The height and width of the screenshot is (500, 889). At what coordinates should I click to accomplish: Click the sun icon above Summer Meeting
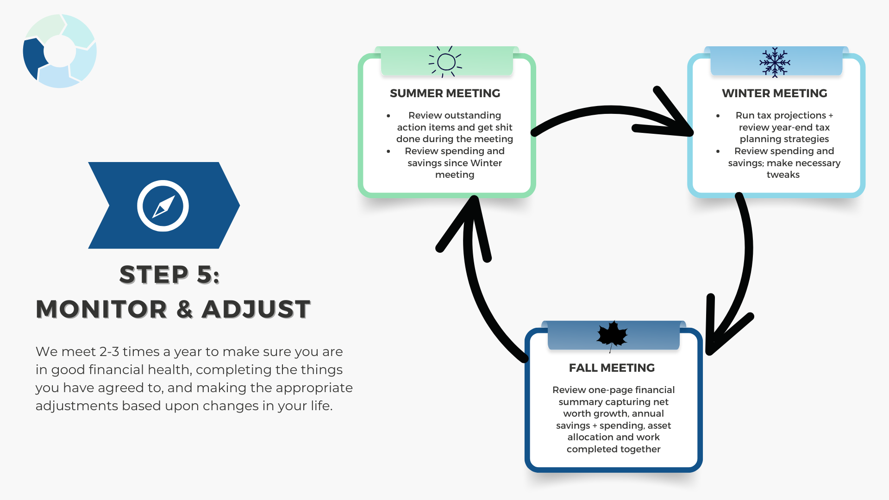(446, 62)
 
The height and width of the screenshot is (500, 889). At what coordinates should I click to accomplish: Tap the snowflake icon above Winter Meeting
(775, 62)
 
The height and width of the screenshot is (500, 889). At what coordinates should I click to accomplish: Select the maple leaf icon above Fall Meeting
(612, 335)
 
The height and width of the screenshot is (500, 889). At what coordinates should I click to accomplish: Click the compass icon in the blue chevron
(163, 206)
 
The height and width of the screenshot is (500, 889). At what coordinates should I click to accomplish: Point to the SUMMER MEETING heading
(445, 94)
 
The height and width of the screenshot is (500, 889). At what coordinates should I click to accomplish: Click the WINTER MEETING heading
(774, 94)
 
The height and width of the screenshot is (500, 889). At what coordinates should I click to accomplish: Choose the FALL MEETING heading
(612, 368)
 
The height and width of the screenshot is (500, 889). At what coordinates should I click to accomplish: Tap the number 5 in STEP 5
(205, 275)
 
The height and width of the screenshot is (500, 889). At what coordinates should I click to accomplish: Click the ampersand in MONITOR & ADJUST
(184, 309)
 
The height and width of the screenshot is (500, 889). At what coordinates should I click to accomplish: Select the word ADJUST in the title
(256, 309)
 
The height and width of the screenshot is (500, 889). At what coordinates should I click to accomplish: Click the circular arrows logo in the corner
(60, 51)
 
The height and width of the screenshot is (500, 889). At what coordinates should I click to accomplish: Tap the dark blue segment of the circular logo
(33, 58)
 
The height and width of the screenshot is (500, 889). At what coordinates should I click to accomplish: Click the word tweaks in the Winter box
(783, 175)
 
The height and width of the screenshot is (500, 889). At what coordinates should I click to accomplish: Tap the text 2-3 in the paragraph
(109, 352)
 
